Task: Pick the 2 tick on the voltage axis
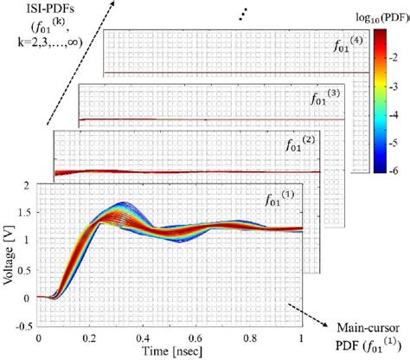[x=30, y=185]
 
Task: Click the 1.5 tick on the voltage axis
[x=27, y=214]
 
